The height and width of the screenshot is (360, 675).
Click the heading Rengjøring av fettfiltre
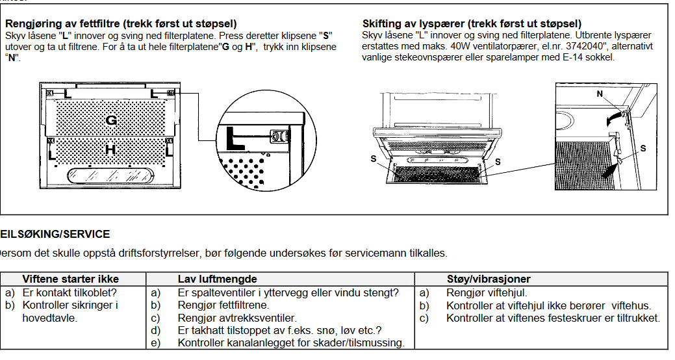[x=121, y=24]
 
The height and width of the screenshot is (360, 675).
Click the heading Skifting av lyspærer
[x=472, y=24]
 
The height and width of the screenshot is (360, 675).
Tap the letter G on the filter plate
[x=111, y=120]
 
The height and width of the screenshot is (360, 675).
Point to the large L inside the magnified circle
[x=238, y=138]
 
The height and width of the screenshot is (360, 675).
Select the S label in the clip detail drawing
[x=643, y=149]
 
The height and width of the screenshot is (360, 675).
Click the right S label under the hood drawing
[x=497, y=161]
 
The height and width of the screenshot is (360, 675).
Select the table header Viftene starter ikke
[x=70, y=279]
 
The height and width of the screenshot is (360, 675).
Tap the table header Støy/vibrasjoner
[x=489, y=279]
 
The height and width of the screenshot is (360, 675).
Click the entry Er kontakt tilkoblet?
[x=70, y=292]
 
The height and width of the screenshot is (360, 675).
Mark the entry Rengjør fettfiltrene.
[x=223, y=305]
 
